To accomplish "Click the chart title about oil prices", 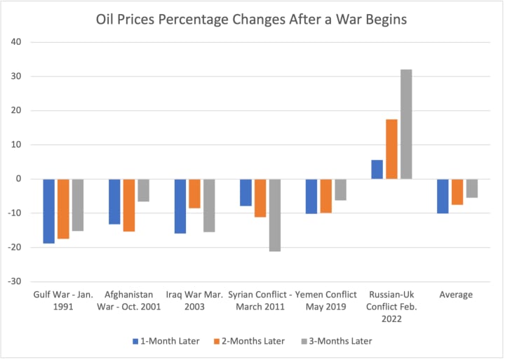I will pos(251,19).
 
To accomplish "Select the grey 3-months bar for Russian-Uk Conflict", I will pos(406,124).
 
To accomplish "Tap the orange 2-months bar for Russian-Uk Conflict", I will pos(391,149).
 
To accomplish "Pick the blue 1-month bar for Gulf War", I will pos(48,211).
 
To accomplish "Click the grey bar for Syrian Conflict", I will pos(275,215).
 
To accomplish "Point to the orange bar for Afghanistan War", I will pos(129,205).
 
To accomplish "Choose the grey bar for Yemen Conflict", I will pos(341,189).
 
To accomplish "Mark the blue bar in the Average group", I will pos(443,196).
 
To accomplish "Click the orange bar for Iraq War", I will pos(194,194).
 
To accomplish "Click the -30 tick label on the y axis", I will pos(17,281).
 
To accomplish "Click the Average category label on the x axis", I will pos(457,295).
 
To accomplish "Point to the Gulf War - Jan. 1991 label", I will pos(62,300).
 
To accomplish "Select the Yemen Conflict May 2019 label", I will pos(326,300).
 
